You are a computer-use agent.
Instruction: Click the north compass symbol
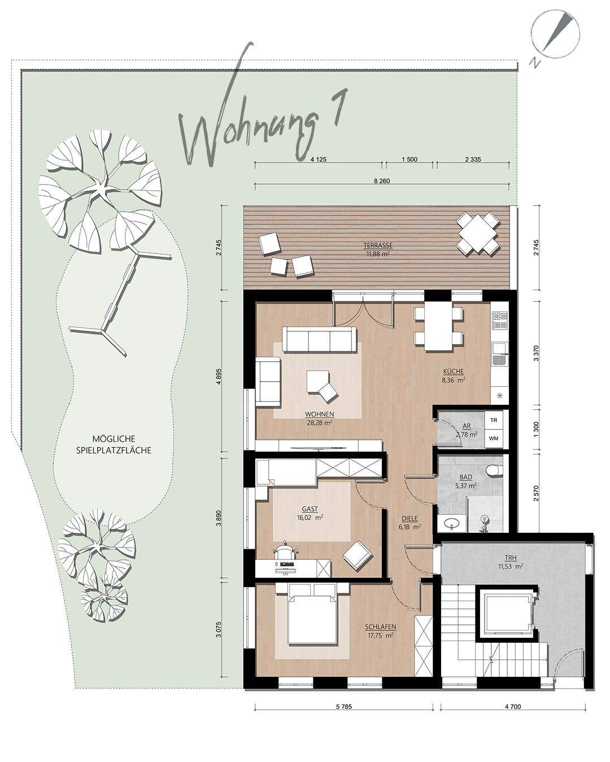coord(555,39)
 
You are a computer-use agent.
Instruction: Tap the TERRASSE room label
coord(378,245)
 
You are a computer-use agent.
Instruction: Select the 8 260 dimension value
coord(382,181)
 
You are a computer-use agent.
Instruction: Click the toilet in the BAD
coord(494,471)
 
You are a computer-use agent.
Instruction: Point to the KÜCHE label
coord(454,371)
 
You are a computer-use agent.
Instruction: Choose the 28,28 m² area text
coord(320,422)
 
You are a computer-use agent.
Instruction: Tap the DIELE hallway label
coord(409,518)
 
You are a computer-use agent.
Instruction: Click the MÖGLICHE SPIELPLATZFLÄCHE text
coord(114,444)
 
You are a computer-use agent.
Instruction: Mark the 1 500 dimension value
coord(409,159)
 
